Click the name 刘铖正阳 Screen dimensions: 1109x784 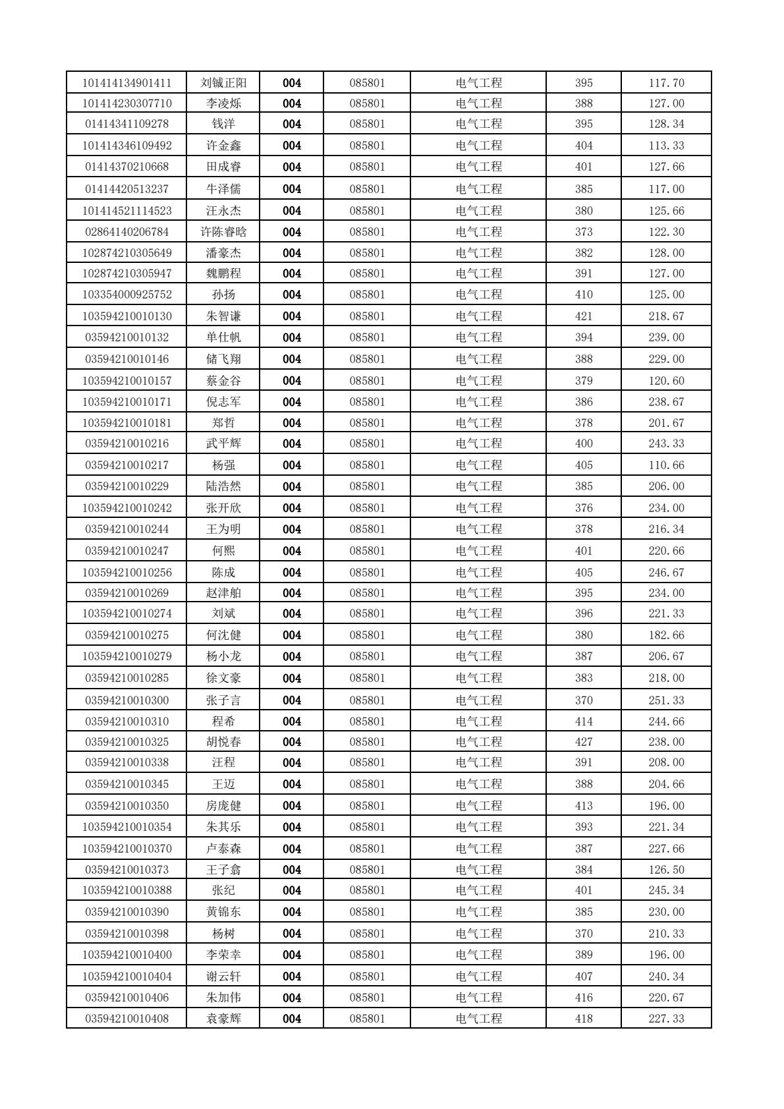(x=223, y=83)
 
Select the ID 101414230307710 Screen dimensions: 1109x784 (x=127, y=103)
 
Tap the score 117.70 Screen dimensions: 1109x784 (x=666, y=83)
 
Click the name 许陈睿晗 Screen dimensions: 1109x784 (x=223, y=232)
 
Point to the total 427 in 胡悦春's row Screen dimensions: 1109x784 (x=584, y=742)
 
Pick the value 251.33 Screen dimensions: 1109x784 (x=666, y=700)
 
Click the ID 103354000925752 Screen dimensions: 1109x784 (x=127, y=295)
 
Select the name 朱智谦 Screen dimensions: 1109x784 (x=223, y=316)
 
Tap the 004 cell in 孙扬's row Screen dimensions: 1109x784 (x=292, y=295)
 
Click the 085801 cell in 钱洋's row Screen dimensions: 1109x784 (x=367, y=124)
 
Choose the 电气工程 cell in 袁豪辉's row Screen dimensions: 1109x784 (x=478, y=1019)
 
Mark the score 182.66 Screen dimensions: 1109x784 (x=666, y=635)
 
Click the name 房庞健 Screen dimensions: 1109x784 (x=223, y=806)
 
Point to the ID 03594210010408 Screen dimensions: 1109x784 (x=127, y=1019)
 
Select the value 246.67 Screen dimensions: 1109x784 (x=666, y=573)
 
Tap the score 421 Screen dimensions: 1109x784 (x=584, y=316)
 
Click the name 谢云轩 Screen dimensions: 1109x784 (x=223, y=977)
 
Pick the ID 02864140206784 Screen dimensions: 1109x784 (x=127, y=232)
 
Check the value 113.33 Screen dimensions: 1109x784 (x=666, y=146)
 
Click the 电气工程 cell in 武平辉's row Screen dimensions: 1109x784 (x=478, y=443)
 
